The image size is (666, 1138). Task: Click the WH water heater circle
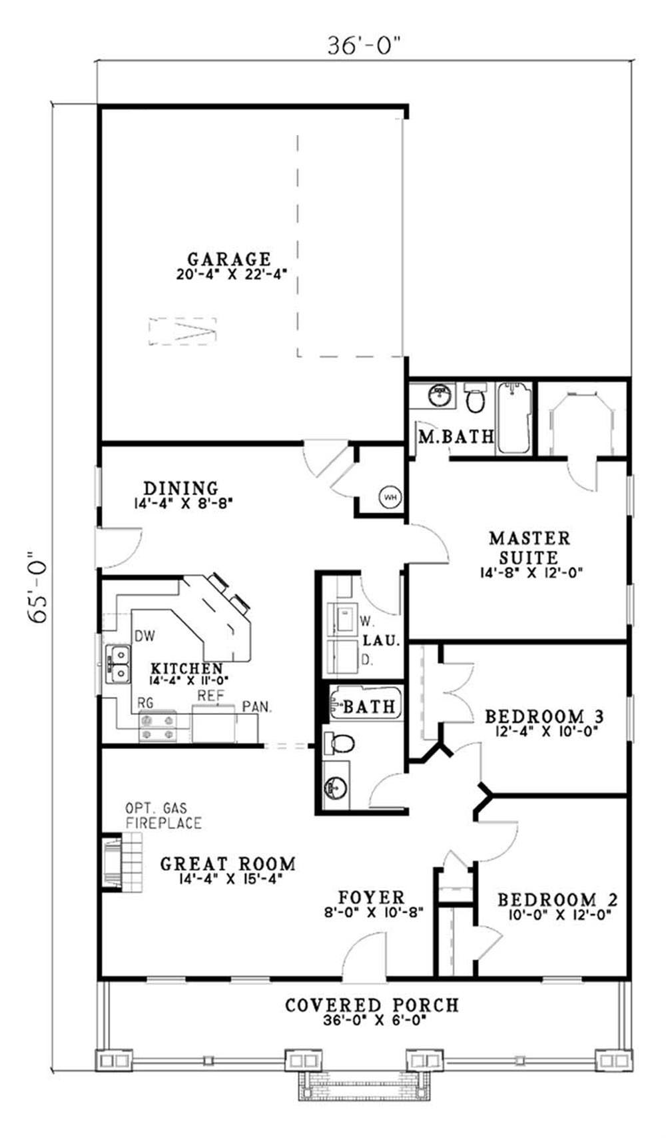coord(390,496)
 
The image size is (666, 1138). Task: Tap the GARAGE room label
coord(228,259)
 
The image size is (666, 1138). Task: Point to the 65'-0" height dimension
coord(39,586)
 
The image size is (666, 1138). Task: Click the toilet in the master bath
coord(476,397)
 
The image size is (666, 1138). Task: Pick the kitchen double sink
coord(118,665)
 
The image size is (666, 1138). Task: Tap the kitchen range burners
coord(157,726)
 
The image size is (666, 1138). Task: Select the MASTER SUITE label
coord(529,547)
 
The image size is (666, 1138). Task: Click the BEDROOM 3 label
coord(544,717)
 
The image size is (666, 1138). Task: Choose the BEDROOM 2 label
coord(557,900)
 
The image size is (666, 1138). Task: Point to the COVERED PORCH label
coord(372,1005)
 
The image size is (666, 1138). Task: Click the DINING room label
coord(181,488)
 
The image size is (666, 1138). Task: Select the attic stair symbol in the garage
coord(183,332)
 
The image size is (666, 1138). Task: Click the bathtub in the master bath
coord(515,418)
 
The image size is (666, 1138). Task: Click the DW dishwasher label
coord(145,636)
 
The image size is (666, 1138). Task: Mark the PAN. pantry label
coord(257,707)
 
